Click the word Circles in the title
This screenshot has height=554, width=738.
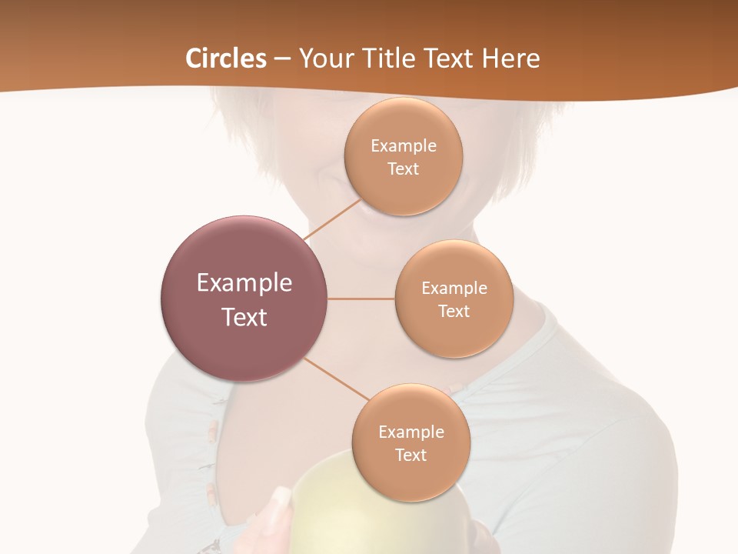point(226,58)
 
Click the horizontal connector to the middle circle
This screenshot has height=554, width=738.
point(361,299)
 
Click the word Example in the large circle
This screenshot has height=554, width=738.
point(244,283)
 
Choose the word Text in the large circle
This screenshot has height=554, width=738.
point(244,317)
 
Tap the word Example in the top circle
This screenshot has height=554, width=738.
point(403,146)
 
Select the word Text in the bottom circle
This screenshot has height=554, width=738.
point(411,456)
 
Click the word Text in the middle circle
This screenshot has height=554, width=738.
point(454,312)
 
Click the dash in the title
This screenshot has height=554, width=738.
point(282,58)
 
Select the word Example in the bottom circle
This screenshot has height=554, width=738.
point(411,432)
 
